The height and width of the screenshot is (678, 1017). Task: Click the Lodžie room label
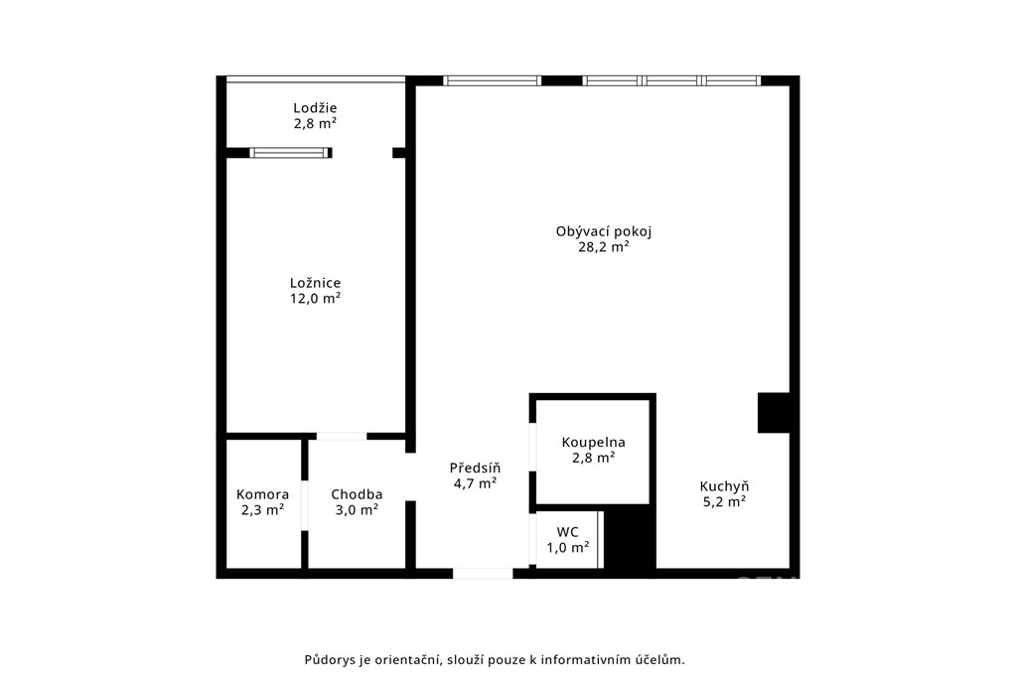click(315, 108)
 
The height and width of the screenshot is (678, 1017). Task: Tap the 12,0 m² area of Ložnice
click(315, 298)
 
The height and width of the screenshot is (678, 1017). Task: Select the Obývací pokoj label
click(604, 231)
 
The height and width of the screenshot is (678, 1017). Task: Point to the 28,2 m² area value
click(604, 247)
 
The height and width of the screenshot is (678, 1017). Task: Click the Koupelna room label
click(594, 442)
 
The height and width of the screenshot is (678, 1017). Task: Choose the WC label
click(567, 532)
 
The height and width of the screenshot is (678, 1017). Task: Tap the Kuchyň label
click(724, 486)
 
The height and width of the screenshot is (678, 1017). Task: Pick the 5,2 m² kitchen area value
click(724, 501)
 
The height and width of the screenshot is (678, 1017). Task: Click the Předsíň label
click(476, 468)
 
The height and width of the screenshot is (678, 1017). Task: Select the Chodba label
click(357, 494)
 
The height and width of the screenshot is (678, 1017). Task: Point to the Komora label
click(262, 494)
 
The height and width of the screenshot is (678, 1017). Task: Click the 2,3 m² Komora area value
click(262, 510)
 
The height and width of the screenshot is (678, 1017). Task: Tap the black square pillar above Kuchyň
click(774, 412)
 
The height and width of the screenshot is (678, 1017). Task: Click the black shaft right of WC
click(629, 539)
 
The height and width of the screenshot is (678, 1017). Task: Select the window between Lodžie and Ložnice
click(289, 153)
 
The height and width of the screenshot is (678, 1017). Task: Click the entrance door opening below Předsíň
click(483, 574)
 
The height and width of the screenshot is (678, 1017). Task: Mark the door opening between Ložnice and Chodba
click(342, 436)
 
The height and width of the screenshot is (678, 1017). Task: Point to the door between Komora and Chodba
click(304, 505)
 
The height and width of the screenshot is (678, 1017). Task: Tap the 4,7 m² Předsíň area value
click(476, 482)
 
